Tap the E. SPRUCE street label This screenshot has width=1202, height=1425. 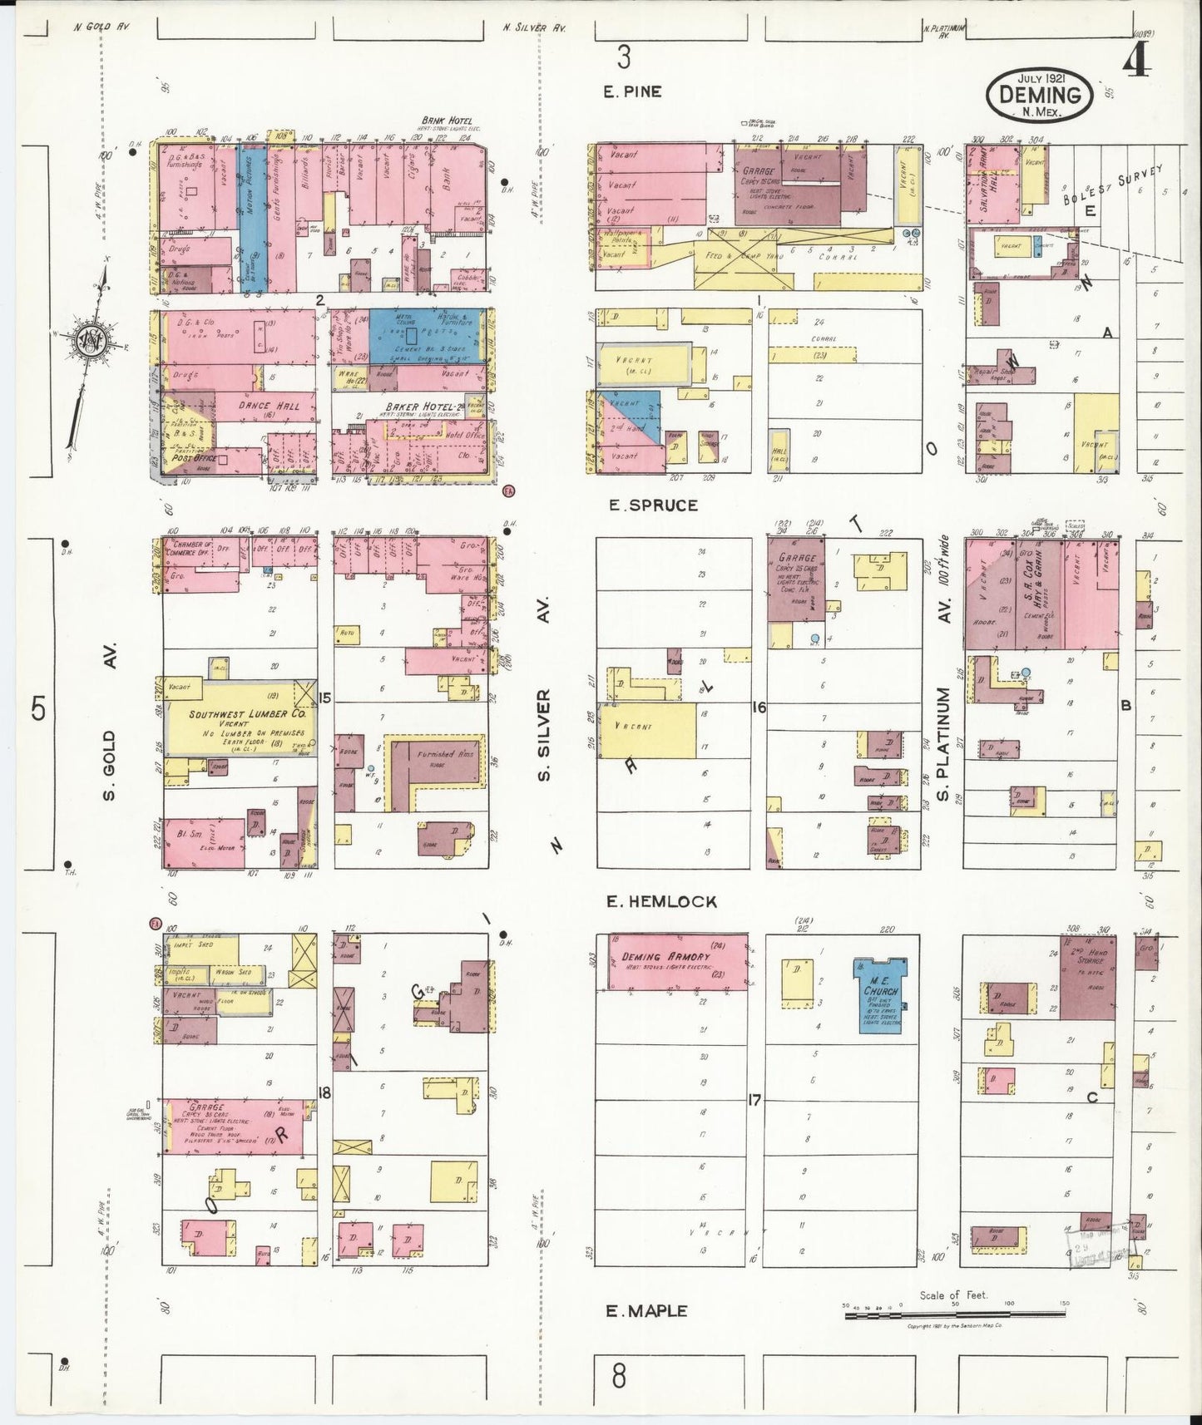click(653, 505)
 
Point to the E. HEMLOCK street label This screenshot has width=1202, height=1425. click(661, 901)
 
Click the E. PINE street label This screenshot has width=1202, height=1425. click(632, 91)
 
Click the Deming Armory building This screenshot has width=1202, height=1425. click(676, 962)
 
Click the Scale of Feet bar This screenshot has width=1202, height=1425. click(953, 1315)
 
